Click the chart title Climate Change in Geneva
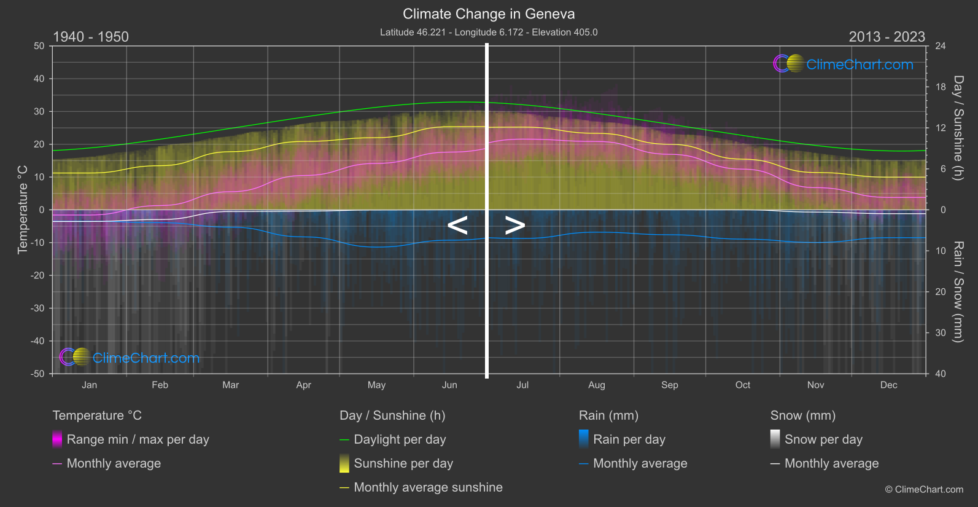(489, 14)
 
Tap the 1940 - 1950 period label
(91, 37)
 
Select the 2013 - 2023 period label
(887, 37)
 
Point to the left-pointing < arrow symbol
(457, 226)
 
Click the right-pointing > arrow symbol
(514, 226)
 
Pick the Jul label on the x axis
(522, 385)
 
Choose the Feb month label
(160, 385)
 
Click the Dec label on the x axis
(888, 385)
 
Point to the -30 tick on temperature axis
(37, 308)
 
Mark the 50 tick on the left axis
(39, 46)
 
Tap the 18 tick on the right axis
(941, 87)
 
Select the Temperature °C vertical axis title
(23, 209)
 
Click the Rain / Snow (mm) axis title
(958, 291)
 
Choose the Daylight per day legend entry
(400, 439)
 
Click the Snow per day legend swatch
(775, 439)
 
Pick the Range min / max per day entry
(138, 439)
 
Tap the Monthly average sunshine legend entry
(428, 487)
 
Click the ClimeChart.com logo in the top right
(844, 64)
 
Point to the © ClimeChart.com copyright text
(924, 489)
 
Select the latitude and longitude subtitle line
(489, 32)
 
